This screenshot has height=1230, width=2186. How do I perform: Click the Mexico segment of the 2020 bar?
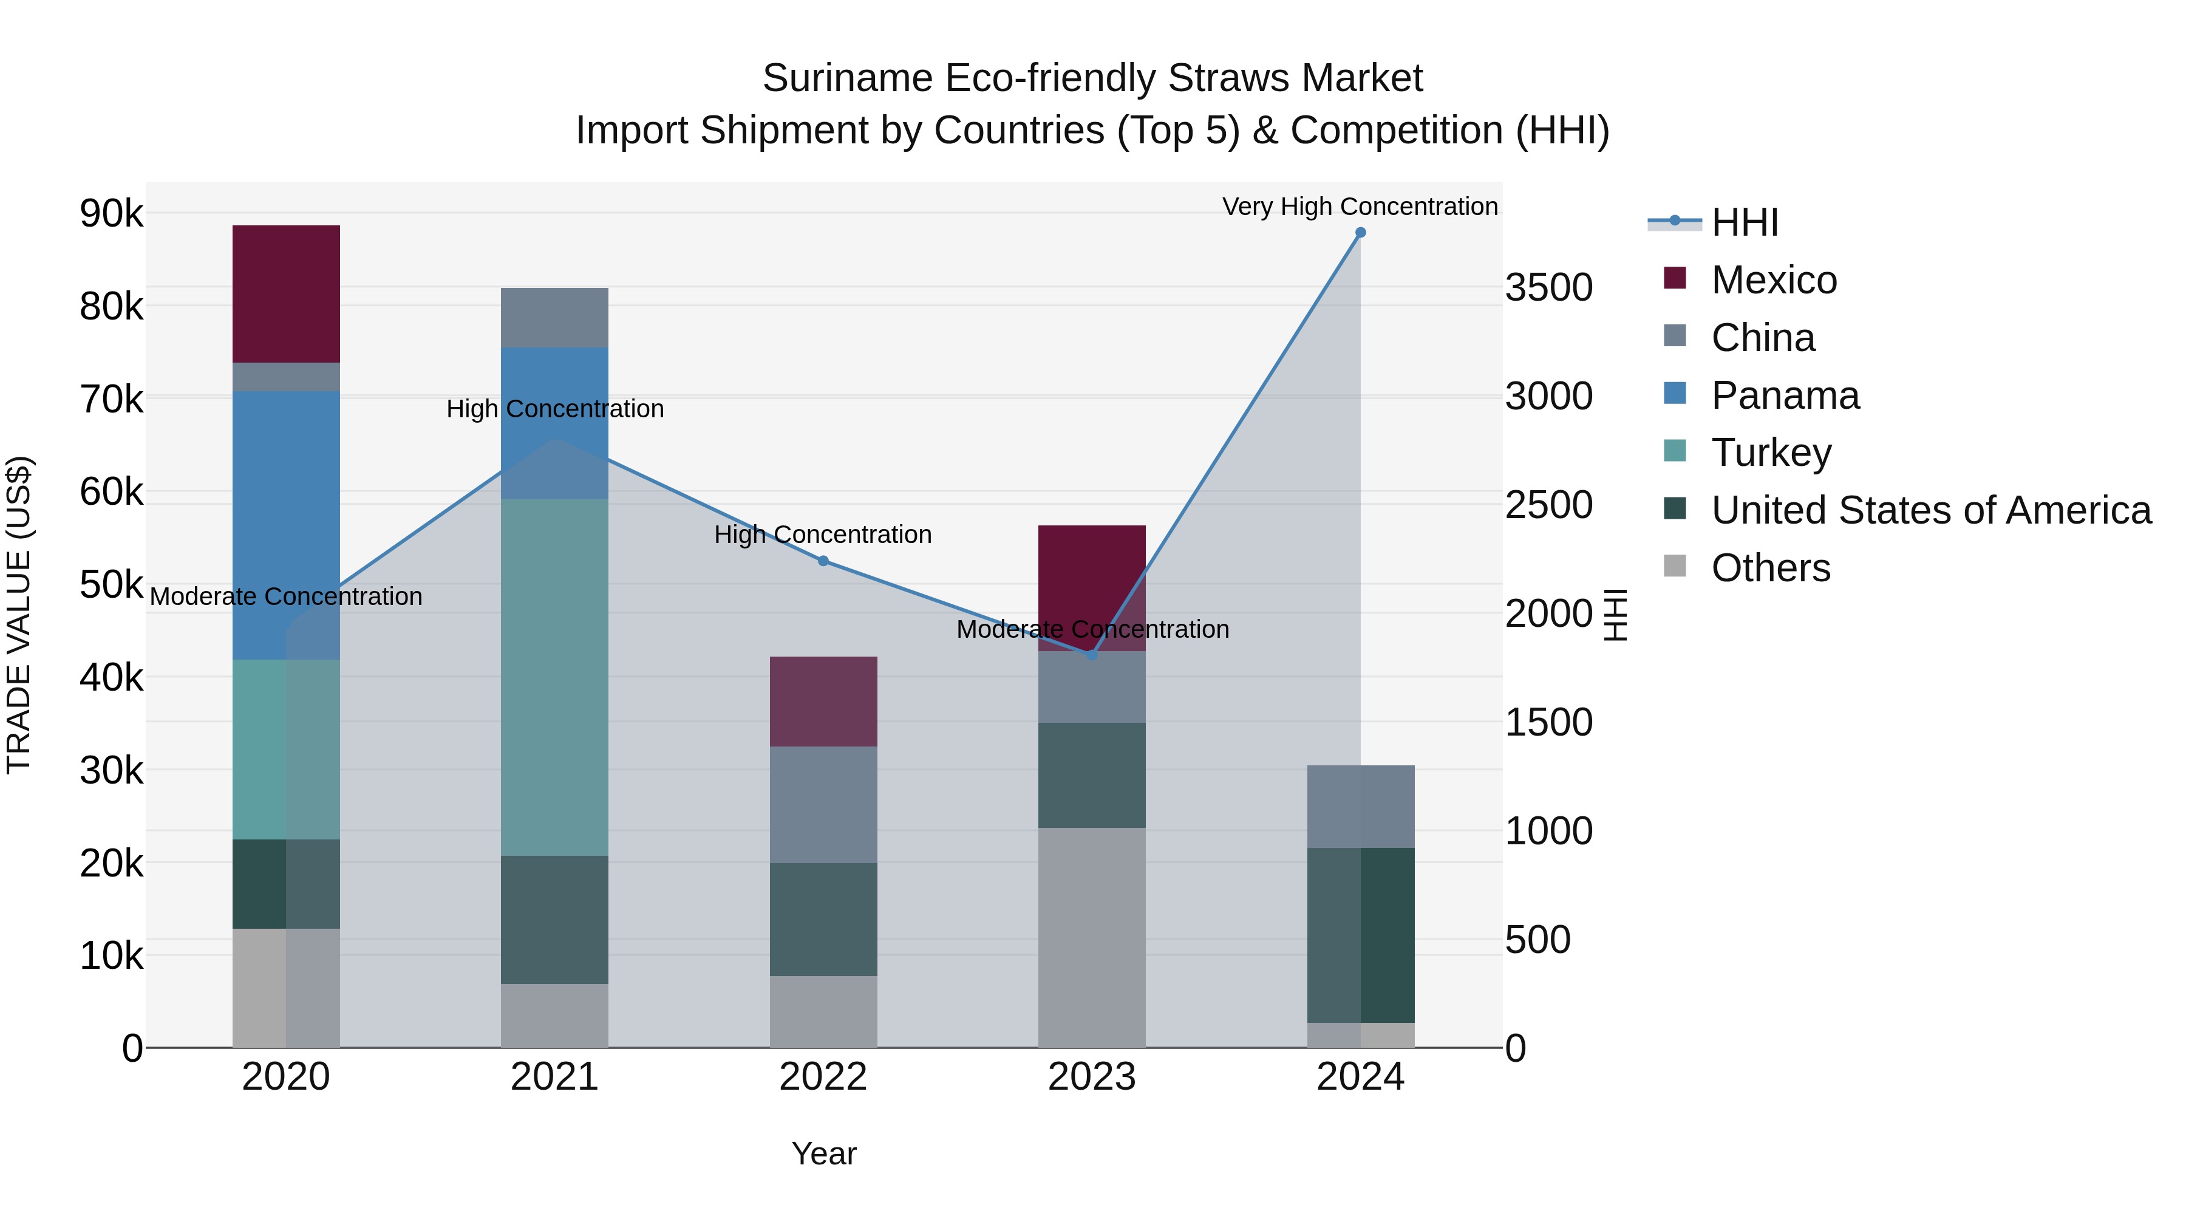coord(286,294)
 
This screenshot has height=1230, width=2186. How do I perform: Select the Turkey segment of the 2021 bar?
coord(554,677)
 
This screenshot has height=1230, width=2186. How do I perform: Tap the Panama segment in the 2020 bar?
coord(286,525)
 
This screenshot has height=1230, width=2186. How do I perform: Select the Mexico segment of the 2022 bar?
coord(823,701)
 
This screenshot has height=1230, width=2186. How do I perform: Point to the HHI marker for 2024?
coord(1360,233)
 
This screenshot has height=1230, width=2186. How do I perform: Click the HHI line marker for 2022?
coord(823,561)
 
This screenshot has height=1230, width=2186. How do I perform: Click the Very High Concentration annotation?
coord(1360,207)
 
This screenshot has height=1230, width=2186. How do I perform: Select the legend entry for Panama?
coord(1785,395)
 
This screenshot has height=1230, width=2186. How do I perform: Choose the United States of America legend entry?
coord(1930,510)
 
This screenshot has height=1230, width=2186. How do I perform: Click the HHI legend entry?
coord(1745,222)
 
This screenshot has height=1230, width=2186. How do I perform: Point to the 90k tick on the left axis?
coord(112,213)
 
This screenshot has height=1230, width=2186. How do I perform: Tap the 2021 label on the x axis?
coord(554,1076)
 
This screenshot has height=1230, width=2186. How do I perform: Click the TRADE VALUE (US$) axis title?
coord(19,615)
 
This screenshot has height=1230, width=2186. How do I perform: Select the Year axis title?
coord(823,1153)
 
